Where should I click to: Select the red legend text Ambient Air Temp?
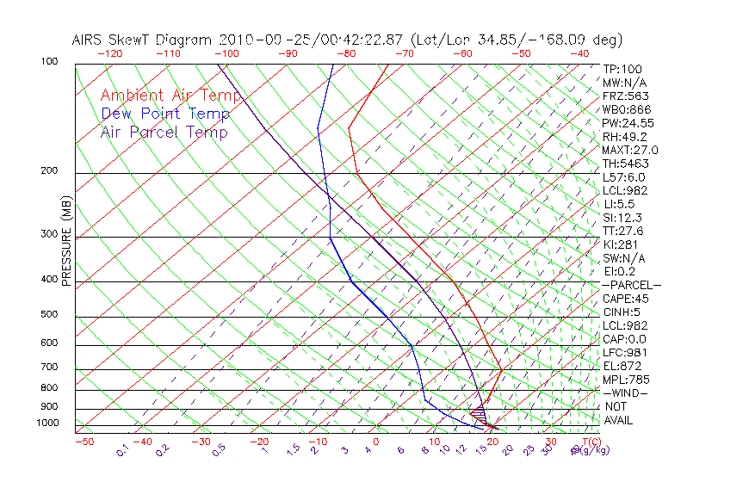(x=170, y=96)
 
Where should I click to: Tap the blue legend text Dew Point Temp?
(x=165, y=114)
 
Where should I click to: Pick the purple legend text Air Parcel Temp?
(x=164, y=132)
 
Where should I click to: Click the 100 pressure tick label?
(x=50, y=62)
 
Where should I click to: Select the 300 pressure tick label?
(x=50, y=234)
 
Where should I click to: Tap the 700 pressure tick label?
(x=50, y=368)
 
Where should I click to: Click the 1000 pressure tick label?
(x=48, y=423)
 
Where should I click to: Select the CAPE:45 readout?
(x=625, y=299)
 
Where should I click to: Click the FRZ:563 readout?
(x=625, y=96)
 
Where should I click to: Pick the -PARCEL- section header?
(x=631, y=285)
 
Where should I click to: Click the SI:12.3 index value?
(x=622, y=218)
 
